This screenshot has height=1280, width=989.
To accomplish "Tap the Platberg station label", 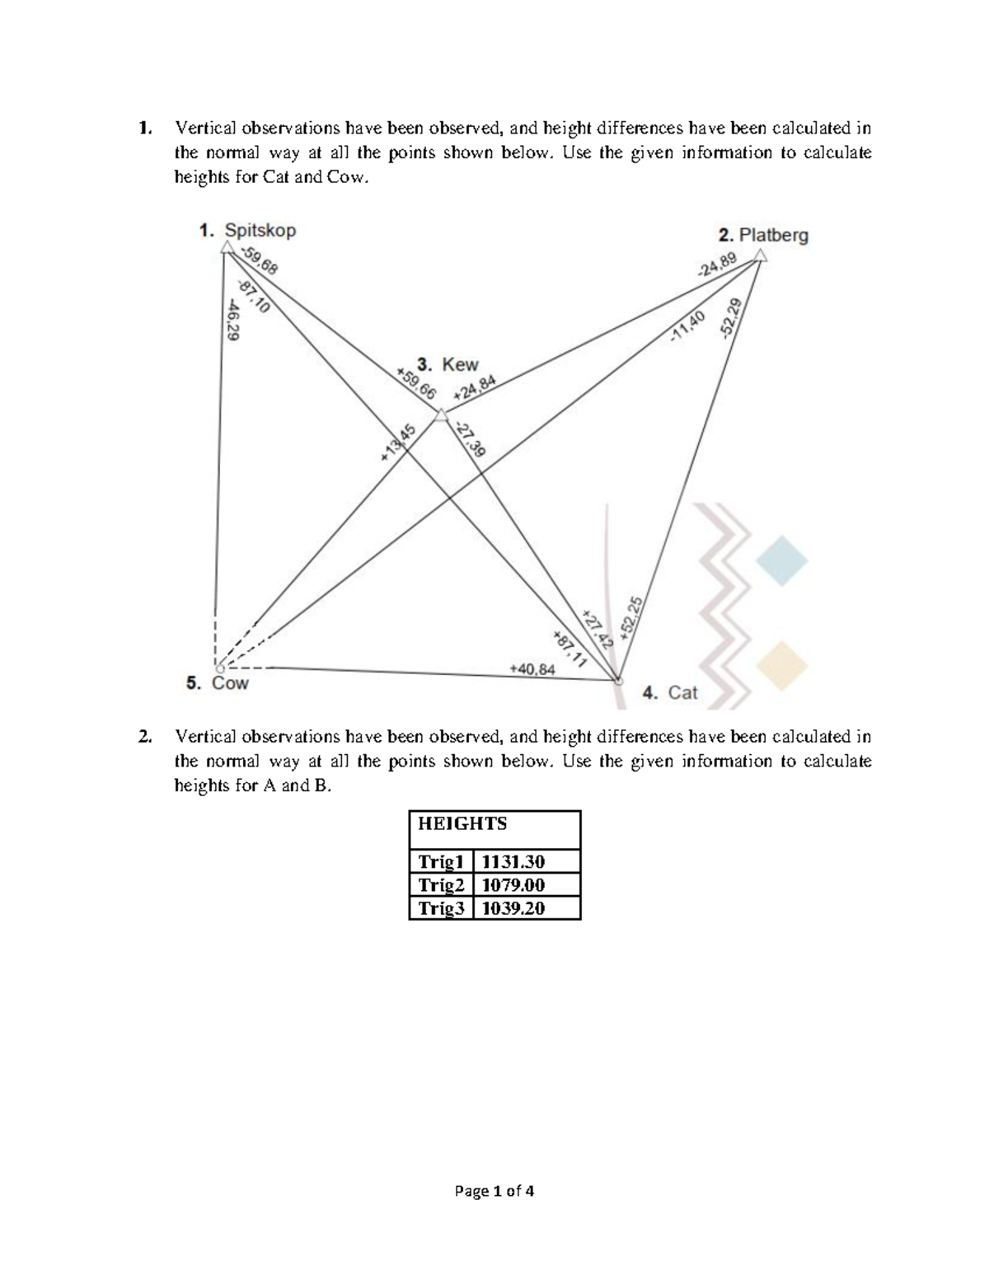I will (x=763, y=235).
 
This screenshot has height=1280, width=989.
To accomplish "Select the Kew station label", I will (x=448, y=364).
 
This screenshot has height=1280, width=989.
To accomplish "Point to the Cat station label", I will (x=670, y=692).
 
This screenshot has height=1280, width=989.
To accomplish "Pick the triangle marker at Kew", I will (x=442, y=415).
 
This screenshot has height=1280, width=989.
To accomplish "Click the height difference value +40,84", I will (x=532, y=668).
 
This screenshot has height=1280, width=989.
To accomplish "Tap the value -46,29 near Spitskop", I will (x=233, y=319).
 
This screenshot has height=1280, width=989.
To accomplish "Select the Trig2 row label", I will (x=441, y=885).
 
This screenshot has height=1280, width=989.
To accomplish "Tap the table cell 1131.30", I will (x=513, y=862).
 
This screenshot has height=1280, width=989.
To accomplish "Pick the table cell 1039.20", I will (x=513, y=908).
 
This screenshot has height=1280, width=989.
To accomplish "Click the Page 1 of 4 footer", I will (x=494, y=1190).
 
